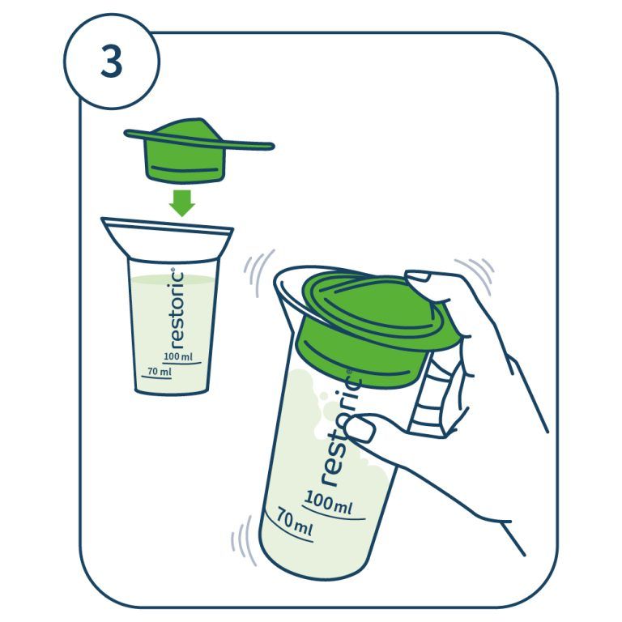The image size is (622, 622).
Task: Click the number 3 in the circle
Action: point(112,62)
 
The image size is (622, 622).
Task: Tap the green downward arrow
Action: point(182,203)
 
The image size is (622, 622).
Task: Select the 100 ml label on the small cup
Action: point(178,356)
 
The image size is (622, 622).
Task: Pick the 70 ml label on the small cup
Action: point(160,371)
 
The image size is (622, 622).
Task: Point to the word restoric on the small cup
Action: point(177,310)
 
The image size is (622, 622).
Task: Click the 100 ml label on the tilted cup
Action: point(328,503)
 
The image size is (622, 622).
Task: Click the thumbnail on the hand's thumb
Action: point(359,429)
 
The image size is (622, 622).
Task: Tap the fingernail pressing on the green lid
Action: point(417,275)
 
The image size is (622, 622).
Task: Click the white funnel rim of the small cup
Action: point(167,239)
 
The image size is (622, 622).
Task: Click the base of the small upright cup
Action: point(172,390)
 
